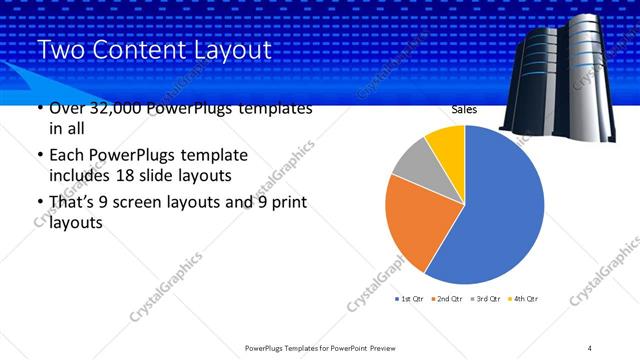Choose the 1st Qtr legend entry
[x=411, y=299]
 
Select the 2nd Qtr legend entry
[x=446, y=299]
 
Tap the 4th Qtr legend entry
[x=523, y=299]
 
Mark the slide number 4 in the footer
[x=590, y=347]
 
